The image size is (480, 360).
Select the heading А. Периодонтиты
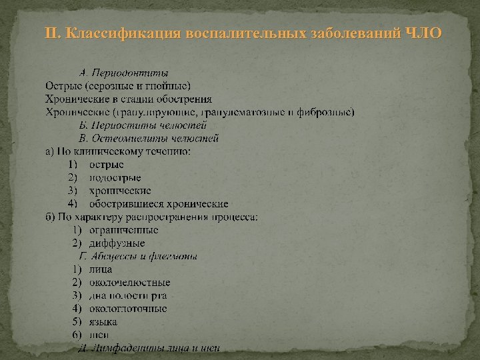(123, 72)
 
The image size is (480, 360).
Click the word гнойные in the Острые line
(170, 85)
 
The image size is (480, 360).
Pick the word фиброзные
(326, 111)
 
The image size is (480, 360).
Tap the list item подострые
(115, 177)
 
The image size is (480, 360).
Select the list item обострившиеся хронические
(159, 203)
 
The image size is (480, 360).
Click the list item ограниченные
(124, 230)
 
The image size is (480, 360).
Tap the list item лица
(101, 269)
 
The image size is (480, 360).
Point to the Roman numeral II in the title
(51, 33)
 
